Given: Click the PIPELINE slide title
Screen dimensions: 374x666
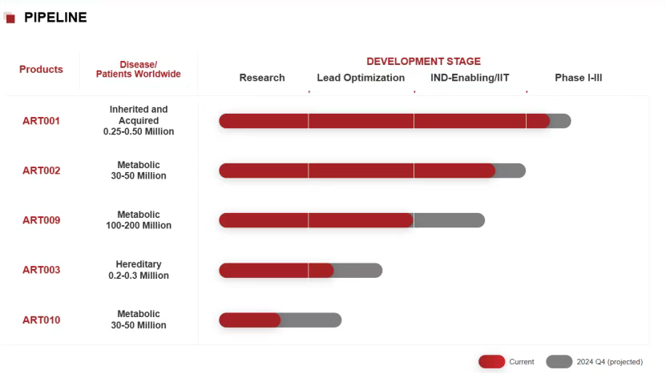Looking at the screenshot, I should (x=55, y=18).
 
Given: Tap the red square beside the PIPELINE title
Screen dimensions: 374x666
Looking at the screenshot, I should (x=10, y=18).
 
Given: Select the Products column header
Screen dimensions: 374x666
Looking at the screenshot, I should (x=41, y=70).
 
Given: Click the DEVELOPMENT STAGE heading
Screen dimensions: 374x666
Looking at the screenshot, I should (x=423, y=61).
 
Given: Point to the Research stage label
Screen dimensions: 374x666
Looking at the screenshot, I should (x=262, y=78).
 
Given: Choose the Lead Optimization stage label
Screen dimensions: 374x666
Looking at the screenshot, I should (x=361, y=78).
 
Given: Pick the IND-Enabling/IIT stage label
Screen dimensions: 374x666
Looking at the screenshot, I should (x=470, y=78).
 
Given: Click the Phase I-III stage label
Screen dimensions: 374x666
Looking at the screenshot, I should (x=578, y=78).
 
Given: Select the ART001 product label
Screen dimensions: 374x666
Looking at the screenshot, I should (x=41, y=121).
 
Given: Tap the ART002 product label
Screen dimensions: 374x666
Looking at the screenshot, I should (x=41, y=171).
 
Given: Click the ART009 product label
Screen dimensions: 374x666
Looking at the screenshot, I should (x=41, y=220).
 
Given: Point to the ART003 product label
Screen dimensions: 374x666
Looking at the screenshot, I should (x=41, y=270).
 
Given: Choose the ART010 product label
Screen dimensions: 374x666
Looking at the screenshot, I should (x=41, y=320).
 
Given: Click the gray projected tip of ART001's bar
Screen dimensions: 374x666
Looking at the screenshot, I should (x=560, y=121).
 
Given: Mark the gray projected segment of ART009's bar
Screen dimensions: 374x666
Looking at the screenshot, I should (x=449, y=220).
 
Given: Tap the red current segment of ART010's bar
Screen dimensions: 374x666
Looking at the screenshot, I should (x=249, y=320).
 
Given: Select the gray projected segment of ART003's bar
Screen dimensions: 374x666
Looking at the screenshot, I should (x=357, y=271).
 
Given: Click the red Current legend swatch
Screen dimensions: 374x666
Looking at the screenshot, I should (x=491, y=362).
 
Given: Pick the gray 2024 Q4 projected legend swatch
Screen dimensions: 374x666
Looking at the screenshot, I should (x=559, y=362).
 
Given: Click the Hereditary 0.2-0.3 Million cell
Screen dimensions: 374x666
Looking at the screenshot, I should (x=139, y=270).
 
